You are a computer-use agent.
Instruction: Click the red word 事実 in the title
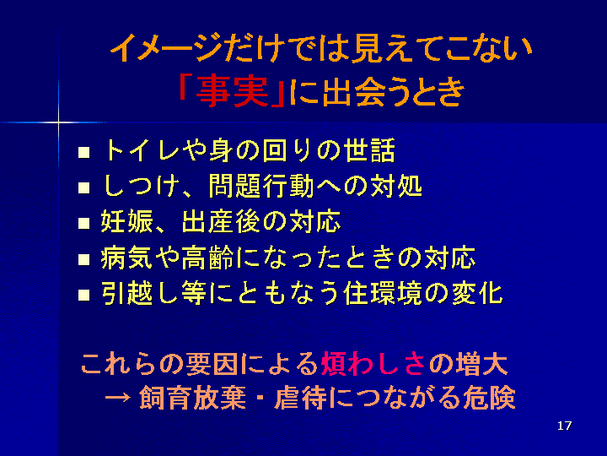tap(232, 92)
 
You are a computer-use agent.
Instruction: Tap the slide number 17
tap(564, 426)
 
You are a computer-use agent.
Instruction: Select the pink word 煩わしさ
tap(373, 364)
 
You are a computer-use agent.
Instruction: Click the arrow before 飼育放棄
tap(117, 398)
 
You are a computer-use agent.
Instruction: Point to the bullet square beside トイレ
tap(83, 152)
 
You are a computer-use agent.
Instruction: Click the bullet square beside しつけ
tap(83, 187)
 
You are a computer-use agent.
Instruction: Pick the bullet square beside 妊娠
tap(83, 223)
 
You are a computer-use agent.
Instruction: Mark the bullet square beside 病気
tap(83, 259)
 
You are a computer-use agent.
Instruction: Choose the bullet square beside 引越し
tap(83, 295)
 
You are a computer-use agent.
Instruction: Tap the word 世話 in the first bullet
tap(370, 150)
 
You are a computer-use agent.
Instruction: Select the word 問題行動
tap(261, 186)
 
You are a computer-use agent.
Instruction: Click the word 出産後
tap(222, 222)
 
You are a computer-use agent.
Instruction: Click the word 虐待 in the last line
tap(300, 398)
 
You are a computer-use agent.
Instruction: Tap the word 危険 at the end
tap(489, 398)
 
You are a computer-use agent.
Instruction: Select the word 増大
tap(481, 364)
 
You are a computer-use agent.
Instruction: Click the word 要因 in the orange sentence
tap(212, 364)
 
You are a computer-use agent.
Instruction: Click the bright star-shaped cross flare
tap(59, 122)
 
